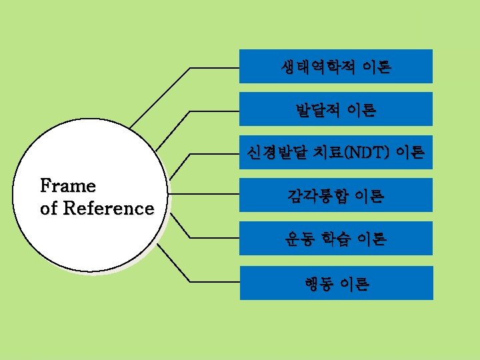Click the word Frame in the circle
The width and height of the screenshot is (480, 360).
pyautogui.click(x=68, y=185)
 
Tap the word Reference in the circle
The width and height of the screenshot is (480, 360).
pyautogui.click(x=109, y=208)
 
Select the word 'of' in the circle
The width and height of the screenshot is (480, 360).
pyautogui.click(x=49, y=208)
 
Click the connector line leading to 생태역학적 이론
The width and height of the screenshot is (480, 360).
pyautogui.click(x=213, y=67)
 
